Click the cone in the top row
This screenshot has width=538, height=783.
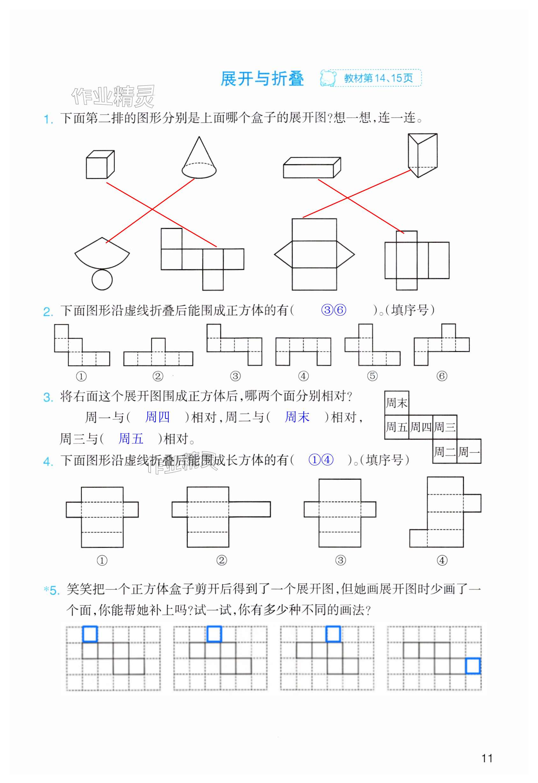pyautogui.click(x=199, y=158)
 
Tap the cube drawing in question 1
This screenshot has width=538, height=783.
pyautogui.click(x=100, y=165)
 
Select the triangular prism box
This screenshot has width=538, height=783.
pyautogui.click(x=422, y=155)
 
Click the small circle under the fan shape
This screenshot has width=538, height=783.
pyautogui.click(x=102, y=279)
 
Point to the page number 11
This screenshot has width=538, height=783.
pyautogui.click(x=487, y=758)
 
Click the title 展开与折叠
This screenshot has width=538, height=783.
pyautogui.click(x=262, y=79)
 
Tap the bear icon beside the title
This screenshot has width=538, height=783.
pyautogui.click(x=328, y=78)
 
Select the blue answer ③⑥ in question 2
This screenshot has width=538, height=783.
pyautogui.click(x=333, y=310)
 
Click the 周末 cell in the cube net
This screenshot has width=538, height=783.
pyautogui.click(x=397, y=403)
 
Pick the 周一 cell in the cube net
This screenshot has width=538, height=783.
pyautogui.click(x=469, y=451)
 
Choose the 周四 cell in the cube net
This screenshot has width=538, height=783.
pyautogui.click(x=421, y=427)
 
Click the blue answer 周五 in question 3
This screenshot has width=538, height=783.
pyautogui.click(x=131, y=439)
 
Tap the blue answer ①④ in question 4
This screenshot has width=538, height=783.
pyautogui.click(x=321, y=460)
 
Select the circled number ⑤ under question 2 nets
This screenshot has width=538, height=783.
pyautogui.click(x=372, y=376)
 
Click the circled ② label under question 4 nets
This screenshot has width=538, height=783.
pyautogui.click(x=222, y=560)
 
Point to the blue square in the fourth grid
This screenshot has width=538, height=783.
pyautogui.click(x=473, y=666)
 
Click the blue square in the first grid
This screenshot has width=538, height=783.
pyautogui.click(x=90, y=634)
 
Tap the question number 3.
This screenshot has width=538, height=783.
pyautogui.click(x=48, y=397)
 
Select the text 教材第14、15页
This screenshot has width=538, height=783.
pyautogui.click(x=378, y=78)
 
